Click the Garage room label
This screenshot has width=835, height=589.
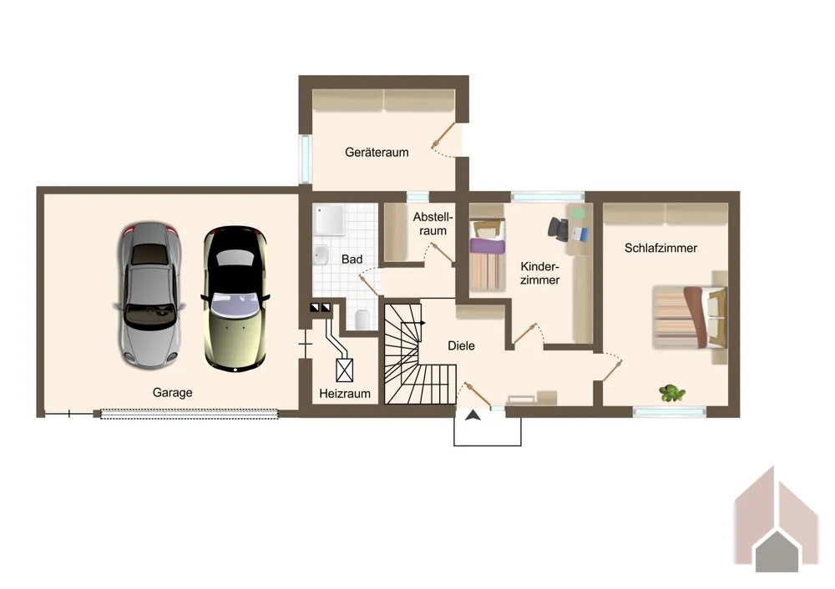coord(172,393)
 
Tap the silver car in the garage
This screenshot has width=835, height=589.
coord(149,295)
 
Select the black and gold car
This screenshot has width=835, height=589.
coord(235,299)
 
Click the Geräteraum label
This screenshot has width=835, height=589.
coord(377,152)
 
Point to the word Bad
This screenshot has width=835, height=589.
coord(352,259)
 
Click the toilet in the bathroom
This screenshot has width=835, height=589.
coord(362,319)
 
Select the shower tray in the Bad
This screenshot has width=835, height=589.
coord(329,219)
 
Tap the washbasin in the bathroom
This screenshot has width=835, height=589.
coord(321,254)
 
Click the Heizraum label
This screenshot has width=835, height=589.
coord(345,394)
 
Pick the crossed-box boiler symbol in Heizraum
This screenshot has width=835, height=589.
coord(345,370)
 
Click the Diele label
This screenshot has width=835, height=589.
coord(461,346)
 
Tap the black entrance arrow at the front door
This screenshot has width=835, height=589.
coord(473,415)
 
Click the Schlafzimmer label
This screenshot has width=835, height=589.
coord(660,248)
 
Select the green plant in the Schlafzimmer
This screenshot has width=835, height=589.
coord(671,393)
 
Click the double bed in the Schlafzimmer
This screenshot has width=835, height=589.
coord(690,318)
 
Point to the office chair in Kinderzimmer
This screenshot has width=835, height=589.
coord(558,229)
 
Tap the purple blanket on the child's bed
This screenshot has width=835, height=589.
coord(487,246)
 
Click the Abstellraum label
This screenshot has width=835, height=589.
coord(433,224)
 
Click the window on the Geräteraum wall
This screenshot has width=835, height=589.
coord(305,159)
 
